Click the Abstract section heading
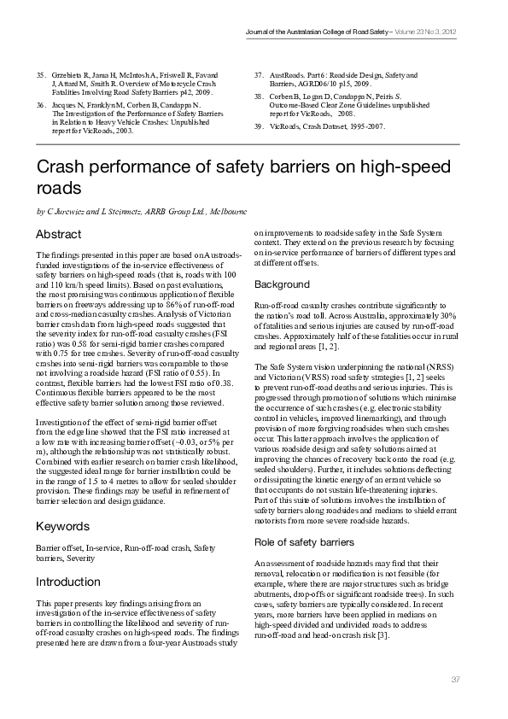(59, 234)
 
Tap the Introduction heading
(67, 582)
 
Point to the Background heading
(282, 284)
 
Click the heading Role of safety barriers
(305, 541)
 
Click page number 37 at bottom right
(455, 679)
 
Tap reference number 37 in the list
(260, 76)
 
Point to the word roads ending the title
(57, 187)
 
